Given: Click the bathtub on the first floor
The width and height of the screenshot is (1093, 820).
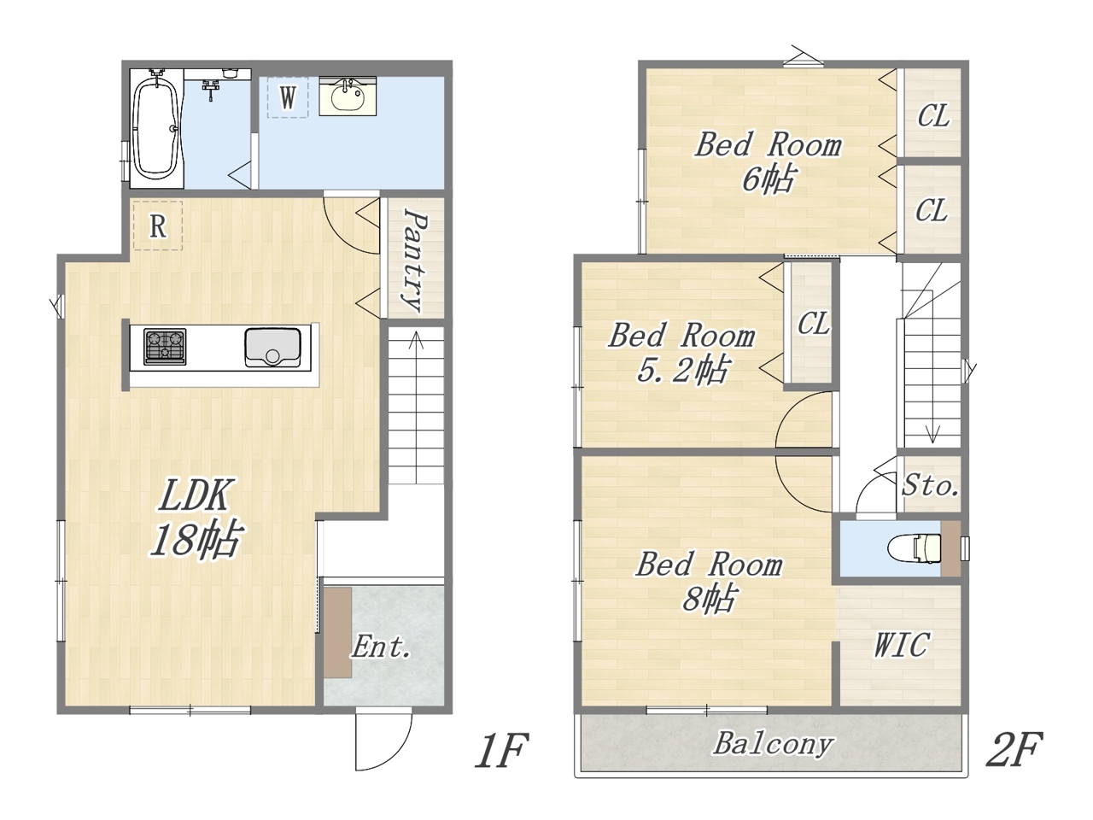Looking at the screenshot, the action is pos(156,128).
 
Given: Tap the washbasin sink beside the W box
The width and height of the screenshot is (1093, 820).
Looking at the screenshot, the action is pos(348,96).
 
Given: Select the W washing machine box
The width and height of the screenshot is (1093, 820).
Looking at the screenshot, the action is pos(287,97).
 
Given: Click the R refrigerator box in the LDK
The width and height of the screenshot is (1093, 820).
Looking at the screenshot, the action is pos(158,225).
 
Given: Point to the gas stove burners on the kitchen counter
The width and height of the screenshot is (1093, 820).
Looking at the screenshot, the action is pos(165,347).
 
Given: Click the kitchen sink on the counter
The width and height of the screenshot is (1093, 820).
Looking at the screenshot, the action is pos(272,348).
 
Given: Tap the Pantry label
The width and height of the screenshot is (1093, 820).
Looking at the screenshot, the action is pos(415,261).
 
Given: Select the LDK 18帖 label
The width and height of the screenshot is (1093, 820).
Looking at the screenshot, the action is pos(196,518).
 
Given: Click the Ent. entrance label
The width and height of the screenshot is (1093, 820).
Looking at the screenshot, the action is pos(382,647).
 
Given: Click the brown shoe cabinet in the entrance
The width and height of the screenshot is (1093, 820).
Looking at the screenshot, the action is pos(338,632).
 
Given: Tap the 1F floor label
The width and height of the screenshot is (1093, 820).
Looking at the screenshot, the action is pos(501,752).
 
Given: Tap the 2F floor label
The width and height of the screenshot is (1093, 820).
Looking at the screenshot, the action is pos(1014,750).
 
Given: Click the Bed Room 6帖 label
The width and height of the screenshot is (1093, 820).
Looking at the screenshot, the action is pos(769,161).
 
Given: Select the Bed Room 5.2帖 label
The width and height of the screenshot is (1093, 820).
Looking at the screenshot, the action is pos(681,353).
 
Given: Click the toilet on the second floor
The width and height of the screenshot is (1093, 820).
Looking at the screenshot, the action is pos(914,548).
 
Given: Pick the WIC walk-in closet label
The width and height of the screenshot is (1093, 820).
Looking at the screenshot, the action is pos(901,645).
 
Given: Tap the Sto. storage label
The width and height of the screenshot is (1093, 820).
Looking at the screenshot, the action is pos(930,485).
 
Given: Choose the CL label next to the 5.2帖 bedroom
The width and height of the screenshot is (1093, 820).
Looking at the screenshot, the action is pos(814,323).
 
